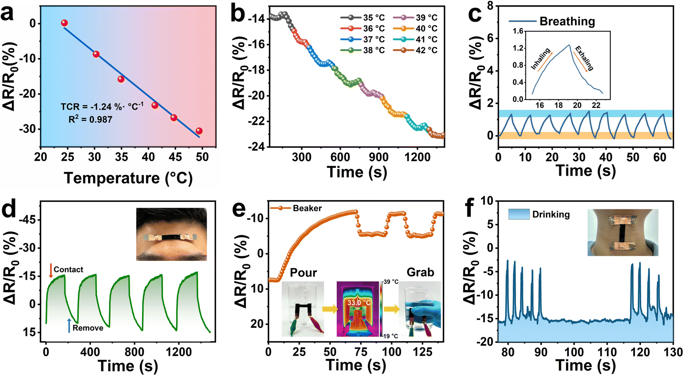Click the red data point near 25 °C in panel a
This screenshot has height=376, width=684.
[64, 23]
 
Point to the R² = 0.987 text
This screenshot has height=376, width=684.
[90, 119]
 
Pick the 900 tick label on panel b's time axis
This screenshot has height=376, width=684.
[379, 157]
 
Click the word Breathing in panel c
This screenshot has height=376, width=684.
[567, 21]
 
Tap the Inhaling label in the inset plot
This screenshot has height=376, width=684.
[541, 59]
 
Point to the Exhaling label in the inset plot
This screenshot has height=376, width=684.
[584, 58]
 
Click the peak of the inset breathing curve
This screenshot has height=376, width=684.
[569, 45]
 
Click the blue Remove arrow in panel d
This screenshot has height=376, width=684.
[69, 325]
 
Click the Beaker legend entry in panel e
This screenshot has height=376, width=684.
[296, 208]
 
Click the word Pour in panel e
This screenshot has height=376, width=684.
[303, 273]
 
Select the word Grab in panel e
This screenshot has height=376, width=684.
[420, 272]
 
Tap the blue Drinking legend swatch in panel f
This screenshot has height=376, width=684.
[519, 214]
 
